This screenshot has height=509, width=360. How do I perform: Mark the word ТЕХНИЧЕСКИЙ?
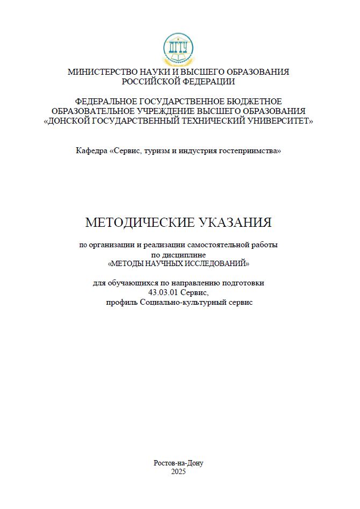click(207, 121)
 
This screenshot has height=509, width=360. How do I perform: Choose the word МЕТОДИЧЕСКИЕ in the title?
click(140, 223)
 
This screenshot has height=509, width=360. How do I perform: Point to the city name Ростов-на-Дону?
click(178, 463)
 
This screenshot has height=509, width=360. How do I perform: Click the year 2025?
click(178, 471)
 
